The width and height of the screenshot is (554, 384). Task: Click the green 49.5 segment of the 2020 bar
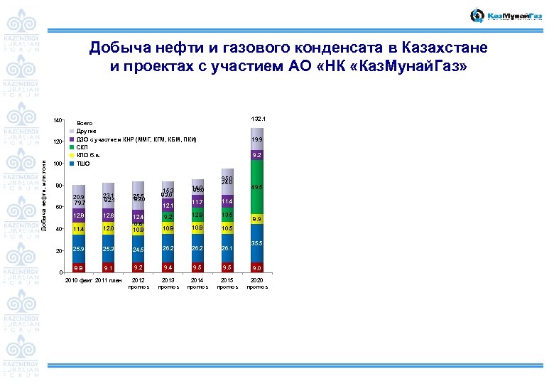pyautogui.click(x=256, y=187)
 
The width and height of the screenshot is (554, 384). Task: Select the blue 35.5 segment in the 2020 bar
pyautogui.click(x=256, y=243)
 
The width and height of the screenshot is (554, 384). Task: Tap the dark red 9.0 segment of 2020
pyautogui.click(x=256, y=268)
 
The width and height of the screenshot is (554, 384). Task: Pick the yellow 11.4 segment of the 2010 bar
pyautogui.click(x=78, y=229)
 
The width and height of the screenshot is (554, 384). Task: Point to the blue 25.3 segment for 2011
pyautogui.click(x=108, y=250)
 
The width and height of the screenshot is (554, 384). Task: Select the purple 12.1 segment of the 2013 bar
pyautogui.click(x=168, y=206)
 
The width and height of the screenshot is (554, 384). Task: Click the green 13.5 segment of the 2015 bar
pyautogui.click(x=227, y=215)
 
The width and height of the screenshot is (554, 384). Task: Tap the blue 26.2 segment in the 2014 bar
pyautogui.click(x=197, y=249)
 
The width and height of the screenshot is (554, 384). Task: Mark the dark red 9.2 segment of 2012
pyautogui.click(x=138, y=268)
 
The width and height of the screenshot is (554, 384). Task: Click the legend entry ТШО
pyautogui.click(x=82, y=164)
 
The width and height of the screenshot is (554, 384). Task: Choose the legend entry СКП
pyautogui.click(x=80, y=146)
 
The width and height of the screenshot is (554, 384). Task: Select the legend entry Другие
pyautogui.click(x=85, y=131)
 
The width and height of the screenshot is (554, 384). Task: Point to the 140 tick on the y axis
pyautogui.click(x=59, y=121)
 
